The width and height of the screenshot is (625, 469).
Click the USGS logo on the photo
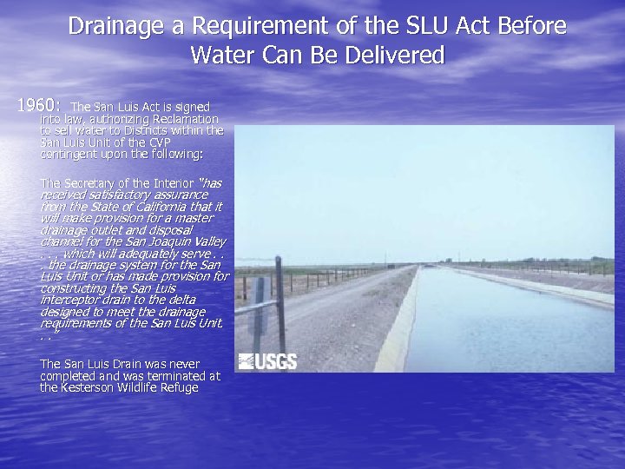point(267,361)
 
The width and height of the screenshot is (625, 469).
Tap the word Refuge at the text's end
point(180,387)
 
